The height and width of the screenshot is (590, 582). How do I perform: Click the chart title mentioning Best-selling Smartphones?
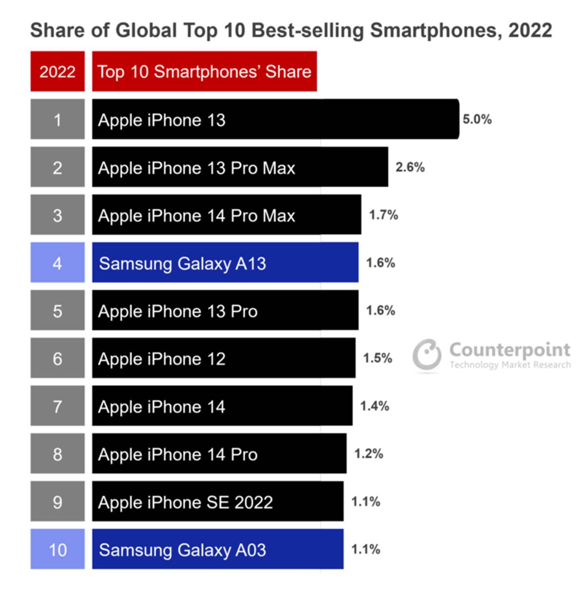[x=291, y=30]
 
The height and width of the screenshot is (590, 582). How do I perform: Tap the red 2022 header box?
[x=57, y=71]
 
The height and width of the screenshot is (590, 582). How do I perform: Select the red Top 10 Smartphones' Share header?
[x=204, y=71]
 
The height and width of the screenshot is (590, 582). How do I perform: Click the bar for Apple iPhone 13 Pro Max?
[x=240, y=167]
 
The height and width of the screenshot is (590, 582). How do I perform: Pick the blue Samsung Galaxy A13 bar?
[x=225, y=263]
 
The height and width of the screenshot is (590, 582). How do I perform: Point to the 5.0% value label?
[x=477, y=119]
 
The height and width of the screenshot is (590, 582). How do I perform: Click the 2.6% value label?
[x=410, y=167]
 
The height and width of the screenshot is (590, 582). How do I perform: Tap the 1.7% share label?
[x=383, y=215]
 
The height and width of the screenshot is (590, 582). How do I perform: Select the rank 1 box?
[x=57, y=119]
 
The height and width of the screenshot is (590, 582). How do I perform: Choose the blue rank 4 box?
[x=57, y=263]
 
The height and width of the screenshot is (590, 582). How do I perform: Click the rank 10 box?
[x=57, y=549]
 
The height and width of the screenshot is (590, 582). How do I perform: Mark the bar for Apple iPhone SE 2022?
[x=218, y=502]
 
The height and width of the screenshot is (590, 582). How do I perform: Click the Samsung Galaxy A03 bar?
[x=218, y=549]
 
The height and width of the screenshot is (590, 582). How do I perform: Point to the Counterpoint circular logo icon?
[x=427, y=354]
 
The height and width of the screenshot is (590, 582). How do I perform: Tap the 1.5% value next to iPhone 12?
[x=377, y=358]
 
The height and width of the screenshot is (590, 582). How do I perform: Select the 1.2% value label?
[x=369, y=454]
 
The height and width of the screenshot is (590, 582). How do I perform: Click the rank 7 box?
[x=57, y=406]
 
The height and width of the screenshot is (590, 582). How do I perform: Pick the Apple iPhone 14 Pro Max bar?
[x=226, y=215]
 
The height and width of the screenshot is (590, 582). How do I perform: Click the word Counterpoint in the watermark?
[x=509, y=349]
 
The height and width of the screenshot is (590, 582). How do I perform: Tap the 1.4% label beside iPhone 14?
[x=374, y=406]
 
